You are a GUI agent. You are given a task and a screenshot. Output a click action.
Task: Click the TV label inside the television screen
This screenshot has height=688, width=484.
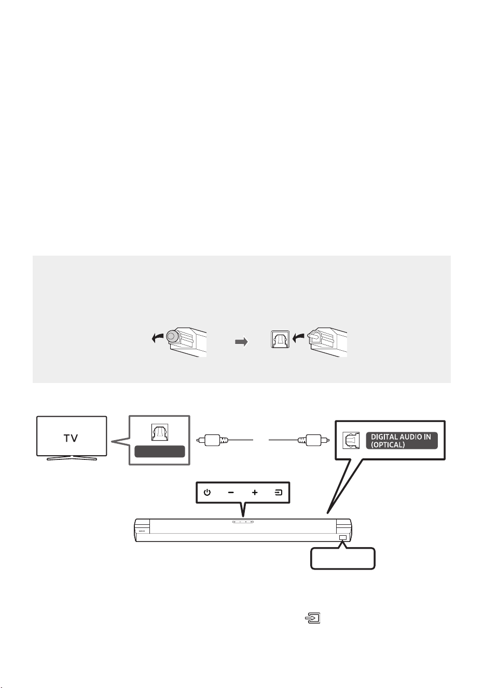pos(71,438)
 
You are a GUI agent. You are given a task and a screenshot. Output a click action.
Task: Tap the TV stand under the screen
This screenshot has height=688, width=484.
pos(72,458)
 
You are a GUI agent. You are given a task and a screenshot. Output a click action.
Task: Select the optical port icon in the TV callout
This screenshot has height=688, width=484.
pos(159,432)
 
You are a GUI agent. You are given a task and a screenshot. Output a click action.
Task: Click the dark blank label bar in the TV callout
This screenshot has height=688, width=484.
pos(160,452)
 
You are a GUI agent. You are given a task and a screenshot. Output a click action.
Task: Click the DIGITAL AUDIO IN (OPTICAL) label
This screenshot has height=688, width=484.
pos(402,441)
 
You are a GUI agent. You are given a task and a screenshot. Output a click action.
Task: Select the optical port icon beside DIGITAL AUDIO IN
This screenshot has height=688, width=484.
pos(351,441)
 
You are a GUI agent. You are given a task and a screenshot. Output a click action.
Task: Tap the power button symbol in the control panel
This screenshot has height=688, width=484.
pos(208,493)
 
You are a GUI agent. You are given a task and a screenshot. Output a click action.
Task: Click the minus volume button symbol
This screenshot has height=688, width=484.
pos(231,493)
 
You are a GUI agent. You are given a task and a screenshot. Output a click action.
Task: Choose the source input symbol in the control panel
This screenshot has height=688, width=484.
pos(278,493)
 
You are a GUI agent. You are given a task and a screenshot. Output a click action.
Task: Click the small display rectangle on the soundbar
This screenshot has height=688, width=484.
pos(343,538)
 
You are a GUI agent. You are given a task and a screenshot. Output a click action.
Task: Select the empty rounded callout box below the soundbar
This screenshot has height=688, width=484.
pos(343,559)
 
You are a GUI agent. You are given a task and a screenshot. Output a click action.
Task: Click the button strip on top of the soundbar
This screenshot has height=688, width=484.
pos(243,522)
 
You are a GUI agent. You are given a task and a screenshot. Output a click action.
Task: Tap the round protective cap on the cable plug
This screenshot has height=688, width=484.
pos(172,337)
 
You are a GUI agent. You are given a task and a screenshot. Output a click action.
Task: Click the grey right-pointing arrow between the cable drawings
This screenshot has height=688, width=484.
pos(241,342)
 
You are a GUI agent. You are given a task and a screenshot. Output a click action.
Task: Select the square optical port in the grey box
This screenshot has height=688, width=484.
pos(280,339)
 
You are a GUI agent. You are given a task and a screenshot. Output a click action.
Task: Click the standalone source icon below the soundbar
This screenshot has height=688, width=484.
pos(313,618)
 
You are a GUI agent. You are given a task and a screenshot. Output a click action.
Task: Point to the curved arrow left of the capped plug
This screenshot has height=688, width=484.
pos(158,338)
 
